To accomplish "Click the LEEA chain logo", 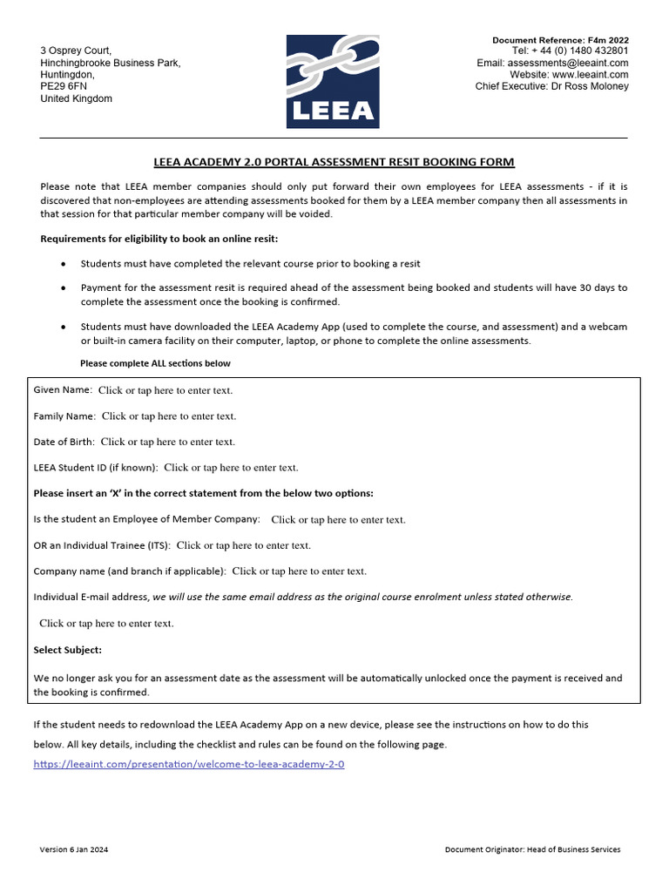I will click(x=334, y=81).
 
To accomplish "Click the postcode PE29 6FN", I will click(x=64, y=87).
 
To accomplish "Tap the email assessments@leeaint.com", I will click(x=568, y=63).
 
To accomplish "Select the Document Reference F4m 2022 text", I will click(x=560, y=40).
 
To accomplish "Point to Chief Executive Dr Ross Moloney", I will click(x=551, y=86).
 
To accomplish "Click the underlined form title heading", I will click(x=334, y=162).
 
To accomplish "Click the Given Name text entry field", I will click(x=165, y=390).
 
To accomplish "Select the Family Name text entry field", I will click(x=168, y=416).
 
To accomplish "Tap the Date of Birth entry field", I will click(x=167, y=442).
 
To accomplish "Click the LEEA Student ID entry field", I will click(x=231, y=468).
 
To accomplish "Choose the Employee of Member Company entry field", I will click(x=338, y=520).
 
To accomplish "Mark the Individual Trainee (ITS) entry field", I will click(x=243, y=545).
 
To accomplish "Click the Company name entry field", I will click(x=299, y=571).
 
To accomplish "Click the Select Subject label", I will click(x=67, y=650).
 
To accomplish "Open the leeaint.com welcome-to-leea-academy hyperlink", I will click(x=188, y=764).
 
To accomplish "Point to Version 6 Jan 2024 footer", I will click(x=74, y=849).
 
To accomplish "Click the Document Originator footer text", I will click(x=532, y=849).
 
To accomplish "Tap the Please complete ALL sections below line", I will click(x=155, y=363).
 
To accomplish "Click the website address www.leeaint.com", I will click(x=590, y=75).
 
